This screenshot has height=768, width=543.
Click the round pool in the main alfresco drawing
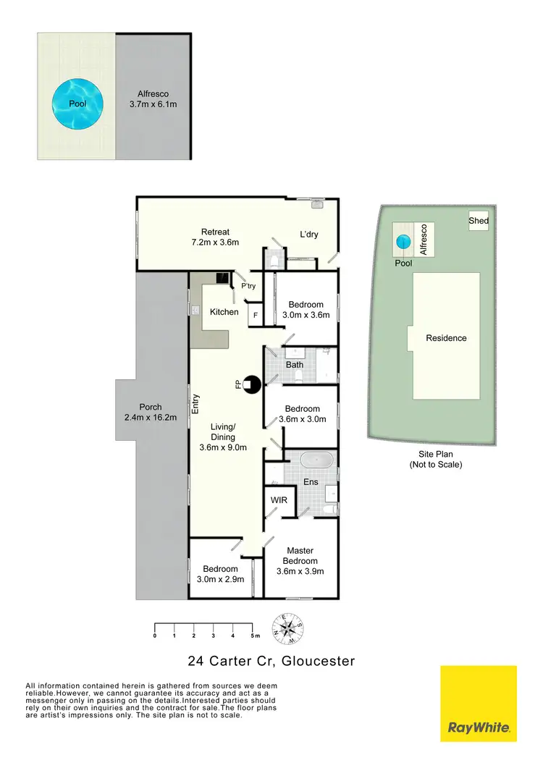pos(77,104)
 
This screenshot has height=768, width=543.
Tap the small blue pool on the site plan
pos(403,240)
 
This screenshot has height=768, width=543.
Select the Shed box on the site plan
pos(479,221)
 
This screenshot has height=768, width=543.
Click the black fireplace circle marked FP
pos(251,386)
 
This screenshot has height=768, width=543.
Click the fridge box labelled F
pos(254,316)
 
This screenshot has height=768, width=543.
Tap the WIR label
pos(279,500)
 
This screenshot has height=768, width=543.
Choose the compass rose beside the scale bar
pos(288,628)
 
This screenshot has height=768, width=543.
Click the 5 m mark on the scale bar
pos(253,635)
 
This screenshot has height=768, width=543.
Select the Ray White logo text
pos(479,727)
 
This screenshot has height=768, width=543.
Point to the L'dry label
pos(309,234)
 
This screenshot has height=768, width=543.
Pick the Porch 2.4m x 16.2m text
pos(151,412)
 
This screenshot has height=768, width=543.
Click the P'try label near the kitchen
pos(248,287)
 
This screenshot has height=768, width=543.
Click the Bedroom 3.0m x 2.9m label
pos(221,574)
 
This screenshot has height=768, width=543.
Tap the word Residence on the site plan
pos(446,338)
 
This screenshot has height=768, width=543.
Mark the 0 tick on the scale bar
pos(155,635)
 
